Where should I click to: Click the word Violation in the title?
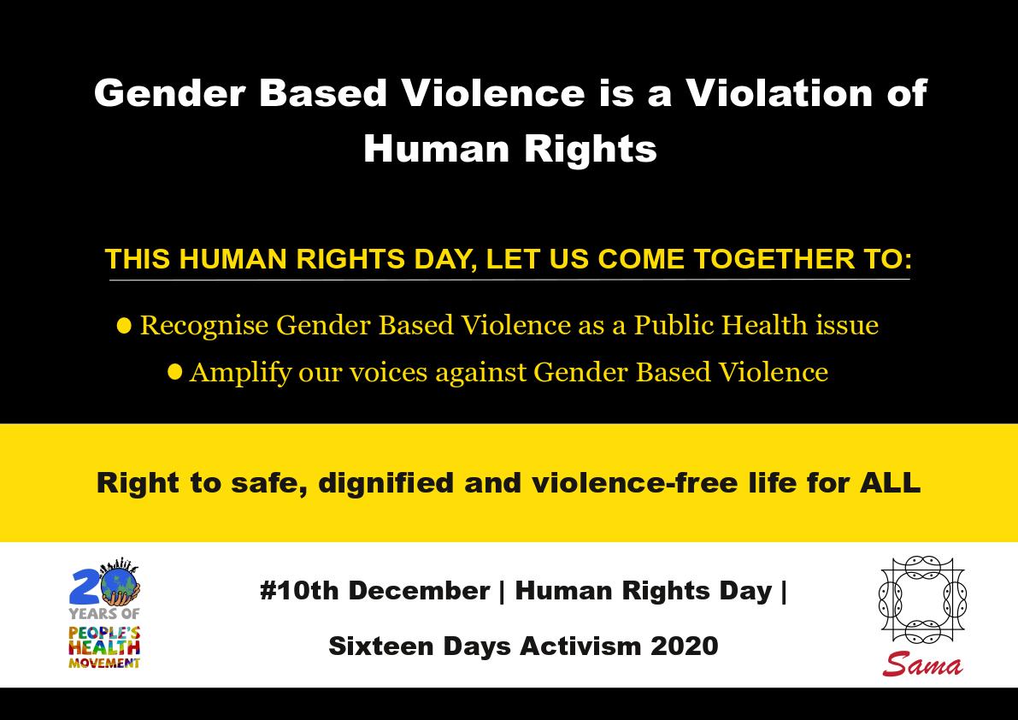pyautogui.click(x=778, y=93)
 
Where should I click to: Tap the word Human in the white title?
pyautogui.click(x=436, y=149)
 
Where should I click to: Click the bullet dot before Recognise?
pyautogui.click(x=124, y=325)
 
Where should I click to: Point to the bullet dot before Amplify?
pyautogui.click(x=174, y=372)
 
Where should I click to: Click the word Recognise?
pyautogui.click(x=204, y=326)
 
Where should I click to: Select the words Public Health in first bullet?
pyautogui.click(x=721, y=325)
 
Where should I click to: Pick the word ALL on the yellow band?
pyautogui.click(x=890, y=483)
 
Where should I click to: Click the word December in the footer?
pyautogui.click(x=419, y=591)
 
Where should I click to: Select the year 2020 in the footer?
pyautogui.click(x=685, y=646)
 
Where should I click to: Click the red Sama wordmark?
pyautogui.click(x=922, y=664)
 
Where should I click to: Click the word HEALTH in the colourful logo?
pyautogui.click(x=104, y=647)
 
